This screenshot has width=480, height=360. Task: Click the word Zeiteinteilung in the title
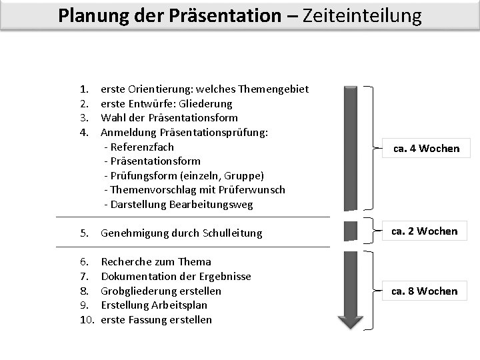click(x=362, y=15)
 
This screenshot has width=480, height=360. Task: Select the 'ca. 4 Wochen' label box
click(x=426, y=148)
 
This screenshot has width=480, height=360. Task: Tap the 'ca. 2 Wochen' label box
click(x=424, y=231)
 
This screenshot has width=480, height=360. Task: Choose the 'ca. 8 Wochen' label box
click(x=424, y=291)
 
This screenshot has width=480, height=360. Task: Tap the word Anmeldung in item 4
click(x=127, y=133)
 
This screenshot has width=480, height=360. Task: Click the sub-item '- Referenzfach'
click(x=139, y=147)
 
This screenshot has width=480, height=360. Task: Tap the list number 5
click(x=85, y=233)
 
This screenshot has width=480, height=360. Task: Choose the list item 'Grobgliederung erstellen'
click(x=161, y=291)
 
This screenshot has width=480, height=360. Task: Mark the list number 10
click(x=87, y=320)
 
